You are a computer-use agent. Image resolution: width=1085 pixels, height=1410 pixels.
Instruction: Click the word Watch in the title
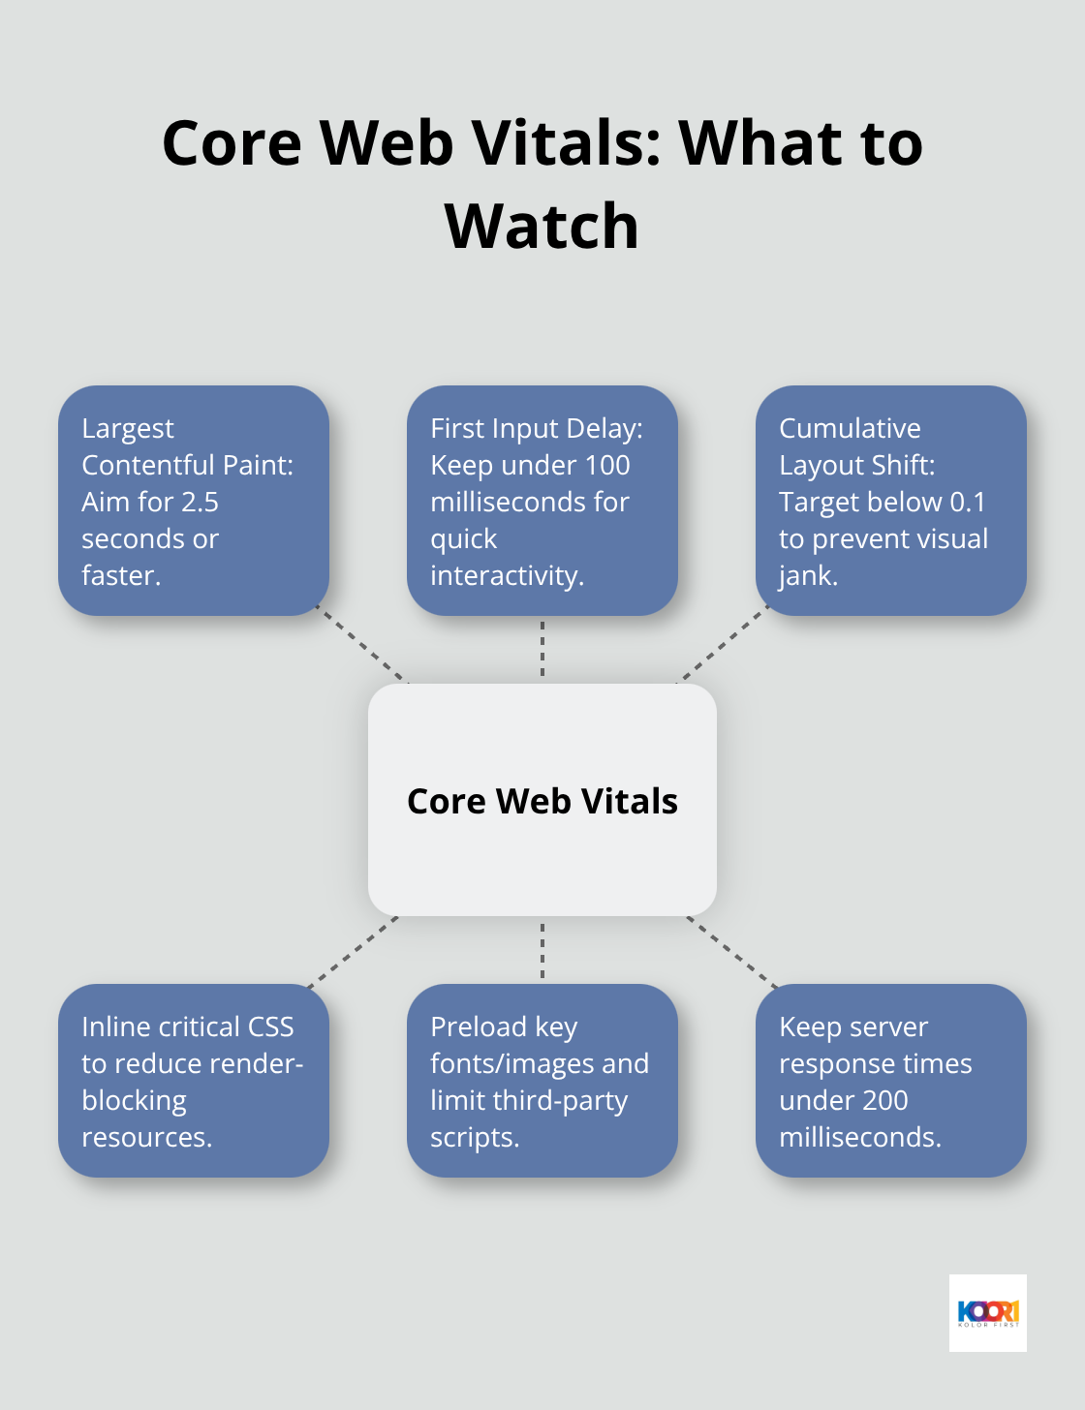(542, 226)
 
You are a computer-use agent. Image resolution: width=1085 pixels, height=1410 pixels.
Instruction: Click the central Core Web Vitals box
(542, 800)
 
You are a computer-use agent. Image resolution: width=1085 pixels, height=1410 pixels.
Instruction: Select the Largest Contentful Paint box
(194, 501)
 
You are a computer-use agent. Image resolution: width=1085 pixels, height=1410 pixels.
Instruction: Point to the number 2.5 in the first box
(200, 503)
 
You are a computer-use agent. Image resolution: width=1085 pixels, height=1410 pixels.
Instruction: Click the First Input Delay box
(542, 501)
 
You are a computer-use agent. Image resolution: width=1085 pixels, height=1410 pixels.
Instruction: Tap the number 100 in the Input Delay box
(606, 466)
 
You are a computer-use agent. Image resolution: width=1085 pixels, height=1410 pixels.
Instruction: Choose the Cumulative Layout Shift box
(890, 501)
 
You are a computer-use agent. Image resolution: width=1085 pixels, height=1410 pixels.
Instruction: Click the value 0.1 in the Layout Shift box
(967, 503)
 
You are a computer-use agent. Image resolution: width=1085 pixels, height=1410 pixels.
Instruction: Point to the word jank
(807, 576)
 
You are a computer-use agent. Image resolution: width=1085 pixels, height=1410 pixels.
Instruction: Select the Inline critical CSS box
(194, 1081)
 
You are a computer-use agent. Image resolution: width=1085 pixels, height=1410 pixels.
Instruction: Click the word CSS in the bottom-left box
(270, 1027)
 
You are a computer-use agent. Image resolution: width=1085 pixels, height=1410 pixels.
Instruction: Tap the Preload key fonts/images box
(542, 1081)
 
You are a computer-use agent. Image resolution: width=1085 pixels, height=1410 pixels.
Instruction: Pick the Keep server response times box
(890, 1081)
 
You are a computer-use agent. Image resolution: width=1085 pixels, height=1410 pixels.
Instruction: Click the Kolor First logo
(987, 1313)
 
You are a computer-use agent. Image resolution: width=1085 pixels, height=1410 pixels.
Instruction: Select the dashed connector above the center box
(542, 650)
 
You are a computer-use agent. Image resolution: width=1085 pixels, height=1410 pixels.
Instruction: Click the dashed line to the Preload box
(542, 950)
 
